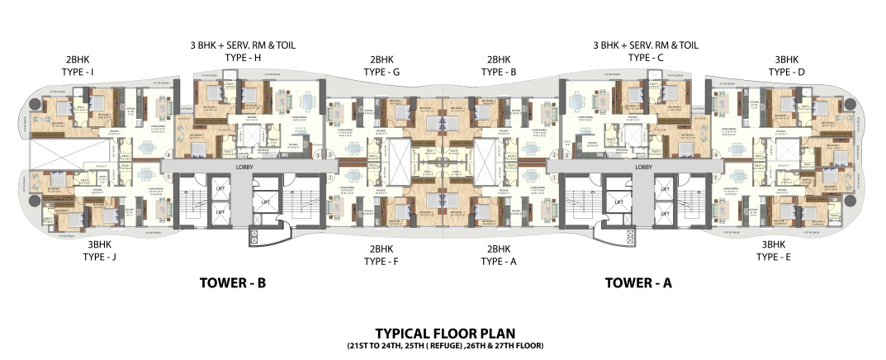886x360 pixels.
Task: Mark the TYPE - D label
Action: (x=786, y=73)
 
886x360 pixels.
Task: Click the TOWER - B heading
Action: (x=232, y=283)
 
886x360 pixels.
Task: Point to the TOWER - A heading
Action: (x=637, y=283)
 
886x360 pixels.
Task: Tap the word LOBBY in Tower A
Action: (x=644, y=167)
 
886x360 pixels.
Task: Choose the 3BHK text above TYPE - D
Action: (x=786, y=59)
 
